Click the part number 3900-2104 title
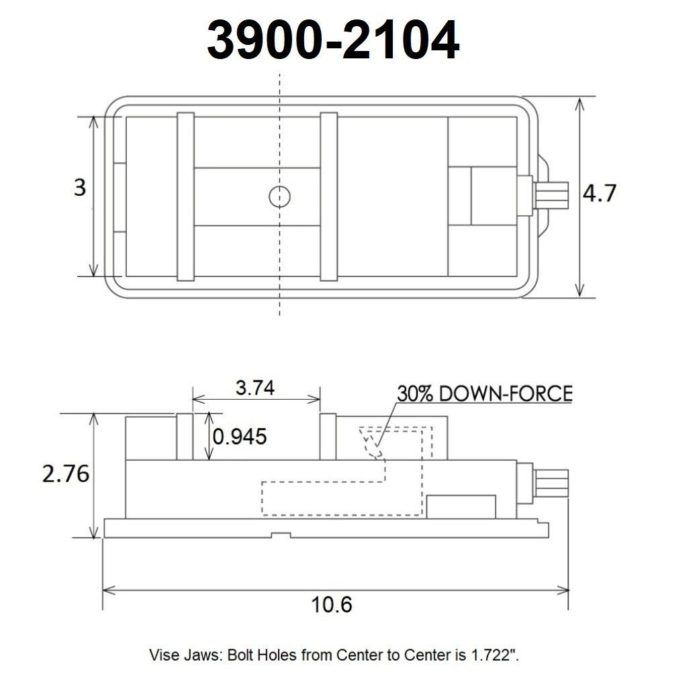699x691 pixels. [x=332, y=40]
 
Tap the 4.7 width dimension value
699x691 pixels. [x=599, y=195]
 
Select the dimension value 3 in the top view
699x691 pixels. [x=80, y=187]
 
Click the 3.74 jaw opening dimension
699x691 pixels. [x=255, y=388]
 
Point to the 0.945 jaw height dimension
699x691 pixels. [x=240, y=437]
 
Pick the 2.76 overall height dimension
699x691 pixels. [x=65, y=474]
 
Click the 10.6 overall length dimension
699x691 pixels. [x=332, y=604]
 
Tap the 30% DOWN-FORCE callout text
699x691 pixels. [x=484, y=393]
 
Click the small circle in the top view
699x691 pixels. [x=279, y=197]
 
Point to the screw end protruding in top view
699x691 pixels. [x=551, y=197]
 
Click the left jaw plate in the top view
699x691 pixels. [x=185, y=197]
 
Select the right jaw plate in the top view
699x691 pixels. [x=328, y=197]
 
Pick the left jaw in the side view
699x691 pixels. [x=185, y=437]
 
